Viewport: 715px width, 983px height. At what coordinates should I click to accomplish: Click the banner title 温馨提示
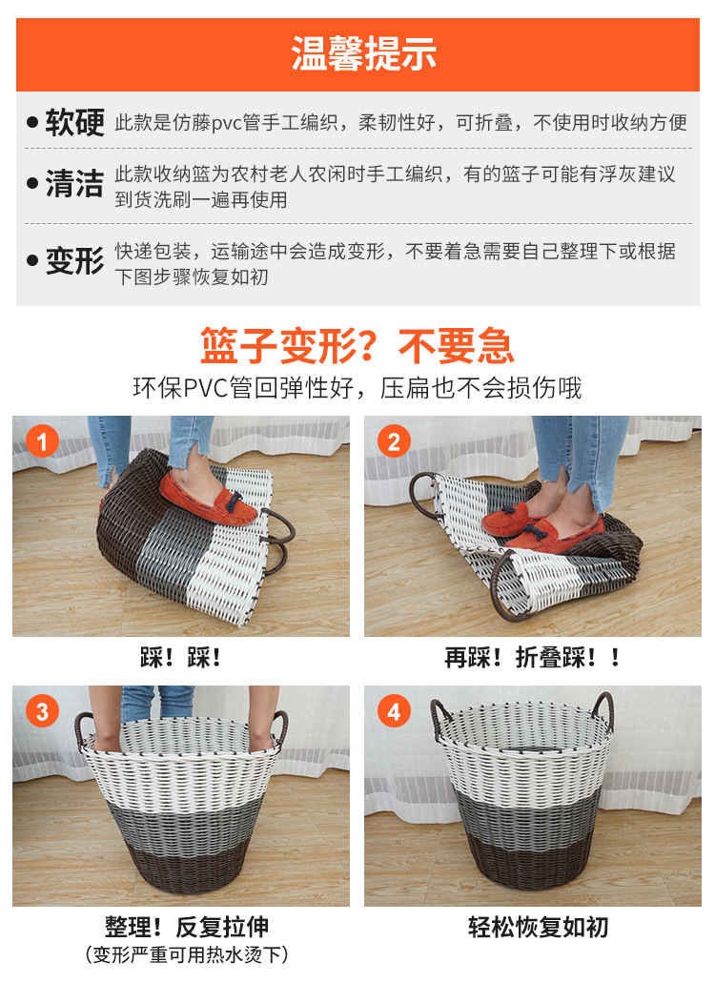pyautogui.click(x=363, y=53)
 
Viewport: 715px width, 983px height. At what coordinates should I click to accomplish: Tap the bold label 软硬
pyautogui.click(x=74, y=122)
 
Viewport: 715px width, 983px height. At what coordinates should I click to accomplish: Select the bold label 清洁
pyautogui.click(x=74, y=184)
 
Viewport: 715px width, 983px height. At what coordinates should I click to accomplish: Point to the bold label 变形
pyautogui.click(x=74, y=261)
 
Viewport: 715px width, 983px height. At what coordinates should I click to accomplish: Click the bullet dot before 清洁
pyautogui.click(x=32, y=184)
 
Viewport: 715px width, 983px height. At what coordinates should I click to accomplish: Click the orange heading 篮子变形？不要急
pyautogui.click(x=357, y=346)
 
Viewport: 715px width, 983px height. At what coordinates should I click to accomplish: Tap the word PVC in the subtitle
pyautogui.click(x=206, y=388)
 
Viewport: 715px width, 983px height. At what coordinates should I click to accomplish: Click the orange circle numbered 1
pyautogui.click(x=43, y=441)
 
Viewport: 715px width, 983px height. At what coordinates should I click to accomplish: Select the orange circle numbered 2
pyautogui.click(x=394, y=441)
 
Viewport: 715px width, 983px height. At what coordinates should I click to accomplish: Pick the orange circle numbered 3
pyautogui.click(x=43, y=711)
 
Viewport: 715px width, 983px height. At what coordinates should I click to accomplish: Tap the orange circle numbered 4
pyautogui.click(x=394, y=711)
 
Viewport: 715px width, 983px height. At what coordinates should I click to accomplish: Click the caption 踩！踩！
pyautogui.click(x=180, y=658)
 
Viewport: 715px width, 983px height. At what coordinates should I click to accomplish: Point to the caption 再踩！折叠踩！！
pyautogui.click(x=532, y=658)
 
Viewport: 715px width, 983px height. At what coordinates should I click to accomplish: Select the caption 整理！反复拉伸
pyautogui.click(x=187, y=927)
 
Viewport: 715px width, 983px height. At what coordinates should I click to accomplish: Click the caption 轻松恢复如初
pyautogui.click(x=539, y=927)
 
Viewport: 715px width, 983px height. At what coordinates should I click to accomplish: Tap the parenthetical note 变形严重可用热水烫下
pyautogui.click(x=187, y=954)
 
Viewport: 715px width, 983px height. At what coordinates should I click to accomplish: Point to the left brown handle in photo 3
pyautogui.click(x=82, y=729)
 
